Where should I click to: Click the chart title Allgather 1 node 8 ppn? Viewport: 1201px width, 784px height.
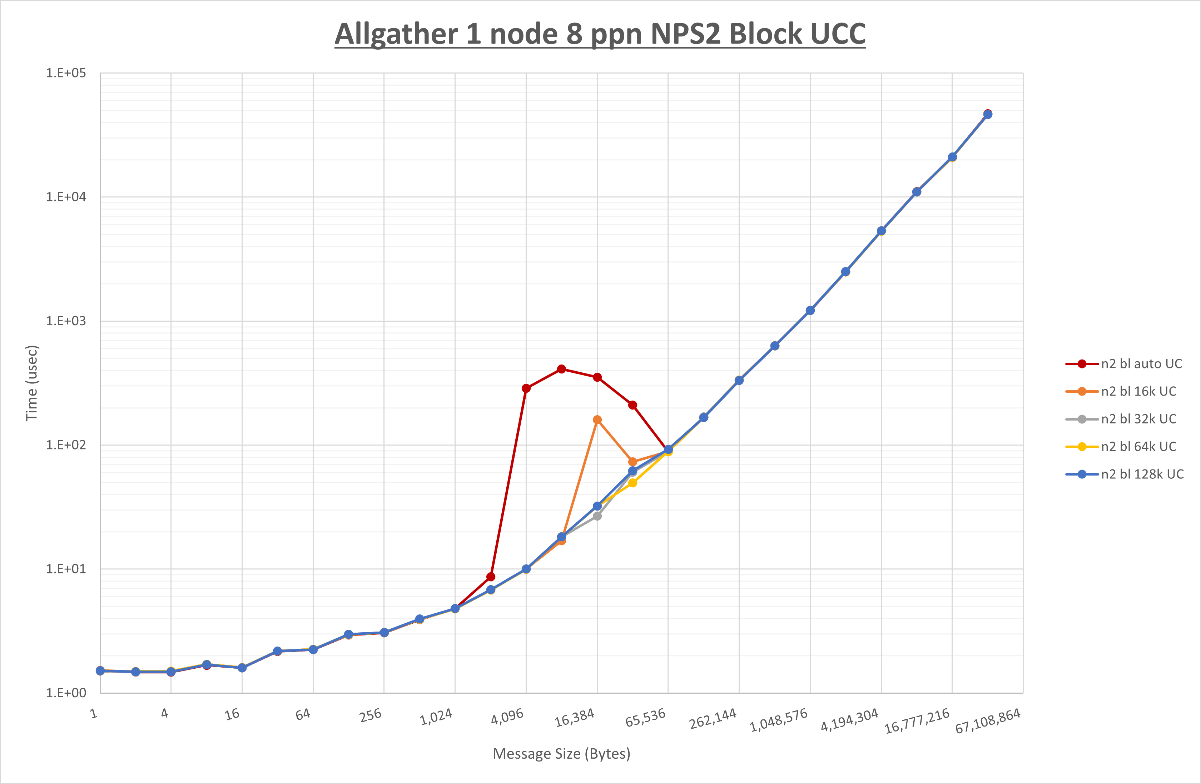(x=600, y=34)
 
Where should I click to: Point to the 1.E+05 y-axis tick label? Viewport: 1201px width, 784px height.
(x=66, y=73)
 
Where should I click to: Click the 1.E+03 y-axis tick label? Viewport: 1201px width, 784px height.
(x=66, y=321)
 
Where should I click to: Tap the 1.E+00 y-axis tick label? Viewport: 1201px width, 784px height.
(x=66, y=693)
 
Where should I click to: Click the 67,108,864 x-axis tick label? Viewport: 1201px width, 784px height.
(x=988, y=721)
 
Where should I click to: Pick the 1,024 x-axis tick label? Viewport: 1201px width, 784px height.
(x=436, y=717)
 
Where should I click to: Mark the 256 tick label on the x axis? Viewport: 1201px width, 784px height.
(x=371, y=715)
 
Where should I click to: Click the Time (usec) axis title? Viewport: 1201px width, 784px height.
(x=32, y=383)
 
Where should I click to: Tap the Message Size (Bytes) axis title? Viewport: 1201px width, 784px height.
(x=561, y=754)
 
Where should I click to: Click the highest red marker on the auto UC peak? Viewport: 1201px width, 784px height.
(x=562, y=369)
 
